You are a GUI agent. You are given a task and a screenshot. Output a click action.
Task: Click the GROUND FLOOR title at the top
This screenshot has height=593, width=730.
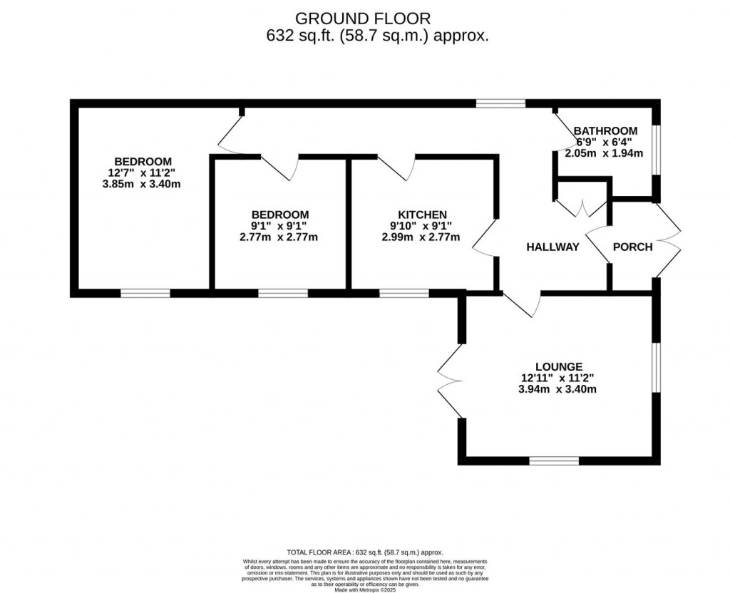point(363,18)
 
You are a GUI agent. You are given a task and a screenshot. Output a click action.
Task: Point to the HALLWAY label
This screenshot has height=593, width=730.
point(552,247)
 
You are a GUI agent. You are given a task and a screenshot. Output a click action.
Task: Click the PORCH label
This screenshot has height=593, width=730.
point(632,247)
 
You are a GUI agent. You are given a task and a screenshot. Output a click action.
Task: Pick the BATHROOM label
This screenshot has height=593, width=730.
point(605,130)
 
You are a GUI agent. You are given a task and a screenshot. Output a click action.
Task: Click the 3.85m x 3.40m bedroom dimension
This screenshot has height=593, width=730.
point(140,185)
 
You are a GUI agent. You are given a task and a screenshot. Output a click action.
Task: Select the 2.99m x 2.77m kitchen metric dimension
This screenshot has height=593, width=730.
point(421,237)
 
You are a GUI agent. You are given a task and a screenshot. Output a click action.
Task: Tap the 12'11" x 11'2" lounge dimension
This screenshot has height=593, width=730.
point(560,378)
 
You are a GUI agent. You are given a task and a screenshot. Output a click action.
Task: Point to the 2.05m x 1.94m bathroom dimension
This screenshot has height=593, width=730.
point(604,153)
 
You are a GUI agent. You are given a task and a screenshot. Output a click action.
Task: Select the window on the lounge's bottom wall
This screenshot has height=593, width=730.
point(554,460)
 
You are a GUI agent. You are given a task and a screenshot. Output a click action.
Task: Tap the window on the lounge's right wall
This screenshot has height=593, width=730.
point(656,366)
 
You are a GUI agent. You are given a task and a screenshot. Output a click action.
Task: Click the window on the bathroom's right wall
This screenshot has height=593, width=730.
point(656,150)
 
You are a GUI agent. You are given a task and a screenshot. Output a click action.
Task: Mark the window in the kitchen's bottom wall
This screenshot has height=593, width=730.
point(403,292)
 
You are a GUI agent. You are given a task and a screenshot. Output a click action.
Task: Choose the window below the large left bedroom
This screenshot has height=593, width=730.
point(145,292)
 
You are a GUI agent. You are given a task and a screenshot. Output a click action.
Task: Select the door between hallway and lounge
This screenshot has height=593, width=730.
point(522,304)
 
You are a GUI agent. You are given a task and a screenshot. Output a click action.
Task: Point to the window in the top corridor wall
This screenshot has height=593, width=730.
point(500,103)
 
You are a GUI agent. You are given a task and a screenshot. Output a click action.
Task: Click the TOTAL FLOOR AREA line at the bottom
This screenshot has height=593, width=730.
point(364,552)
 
